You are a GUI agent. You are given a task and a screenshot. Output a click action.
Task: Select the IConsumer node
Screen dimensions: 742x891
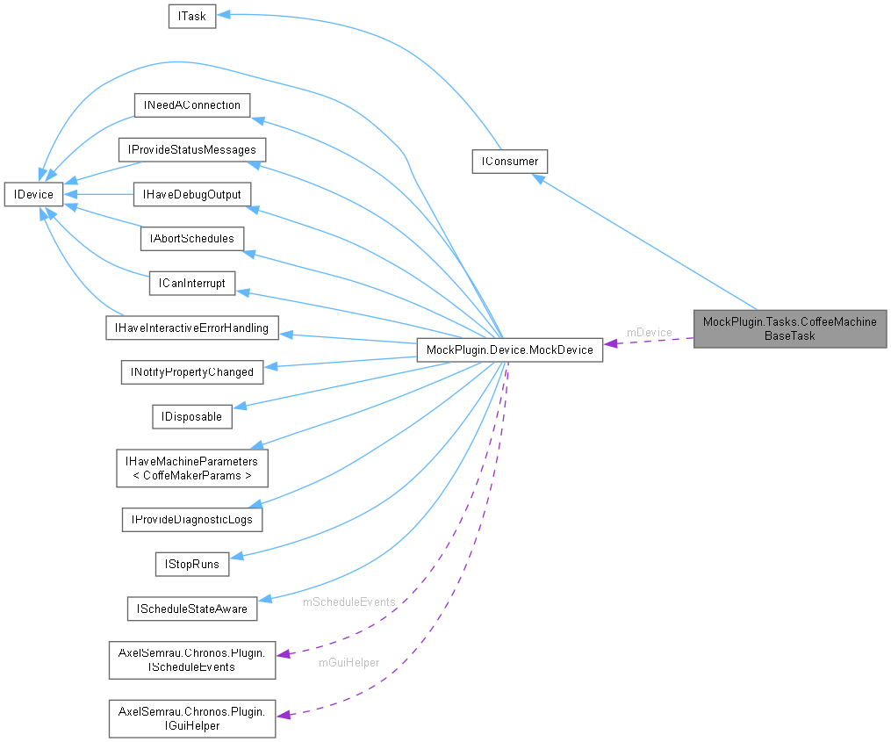(509, 162)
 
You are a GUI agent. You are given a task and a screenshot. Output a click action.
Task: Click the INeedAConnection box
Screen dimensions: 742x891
(191, 104)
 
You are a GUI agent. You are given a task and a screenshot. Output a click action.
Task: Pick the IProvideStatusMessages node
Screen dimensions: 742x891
(192, 149)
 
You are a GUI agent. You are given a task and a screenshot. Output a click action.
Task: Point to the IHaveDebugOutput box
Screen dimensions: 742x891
(191, 193)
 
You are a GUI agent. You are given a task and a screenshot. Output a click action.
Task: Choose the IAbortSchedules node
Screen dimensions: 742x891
(191, 238)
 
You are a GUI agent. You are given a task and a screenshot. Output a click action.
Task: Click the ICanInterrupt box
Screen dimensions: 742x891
(191, 283)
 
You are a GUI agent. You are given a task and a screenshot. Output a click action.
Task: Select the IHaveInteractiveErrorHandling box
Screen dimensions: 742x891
(191, 328)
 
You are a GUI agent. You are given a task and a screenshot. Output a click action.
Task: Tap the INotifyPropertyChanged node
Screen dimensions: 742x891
(191, 371)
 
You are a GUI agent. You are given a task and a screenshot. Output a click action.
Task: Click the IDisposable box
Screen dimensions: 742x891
(191, 416)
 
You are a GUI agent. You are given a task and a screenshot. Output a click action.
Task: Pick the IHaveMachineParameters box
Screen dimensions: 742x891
(191, 468)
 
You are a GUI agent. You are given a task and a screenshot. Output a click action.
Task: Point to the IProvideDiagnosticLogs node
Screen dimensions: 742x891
(191, 519)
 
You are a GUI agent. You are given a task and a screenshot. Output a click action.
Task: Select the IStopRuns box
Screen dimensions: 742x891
(191, 563)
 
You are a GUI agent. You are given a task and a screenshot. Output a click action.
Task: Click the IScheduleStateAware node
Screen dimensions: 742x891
(191, 608)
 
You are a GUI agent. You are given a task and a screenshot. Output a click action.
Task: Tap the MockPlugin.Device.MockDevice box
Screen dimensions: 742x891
(509, 349)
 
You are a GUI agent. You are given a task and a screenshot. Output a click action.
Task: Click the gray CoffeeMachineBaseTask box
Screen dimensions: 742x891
(790, 328)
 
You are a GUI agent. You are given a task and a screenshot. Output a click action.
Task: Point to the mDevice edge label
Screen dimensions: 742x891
(649, 332)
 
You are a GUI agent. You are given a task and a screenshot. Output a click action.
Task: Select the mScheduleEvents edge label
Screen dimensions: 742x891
(348, 602)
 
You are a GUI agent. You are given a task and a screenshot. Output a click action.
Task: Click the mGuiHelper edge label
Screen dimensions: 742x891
(348, 662)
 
